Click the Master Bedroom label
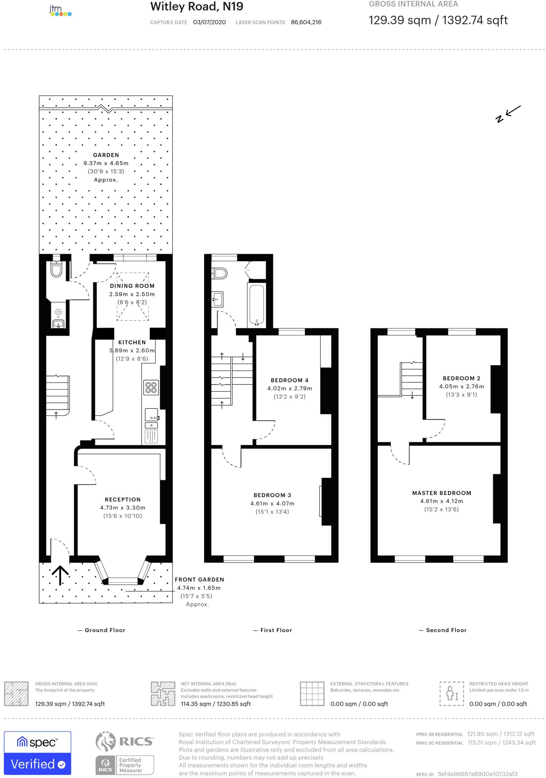[x=442, y=493]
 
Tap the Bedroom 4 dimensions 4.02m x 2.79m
[x=290, y=388]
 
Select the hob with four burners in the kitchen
[x=151, y=387]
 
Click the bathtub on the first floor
[x=257, y=305]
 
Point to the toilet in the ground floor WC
[x=56, y=270]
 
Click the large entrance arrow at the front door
[x=60, y=575]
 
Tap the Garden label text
[x=106, y=155]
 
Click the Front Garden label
[x=199, y=579]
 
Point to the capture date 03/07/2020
[x=209, y=22]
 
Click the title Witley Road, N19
[x=196, y=6]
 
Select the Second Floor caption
[x=446, y=630]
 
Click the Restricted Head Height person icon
[x=452, y=693]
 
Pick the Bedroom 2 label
[x=461, y=378]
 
